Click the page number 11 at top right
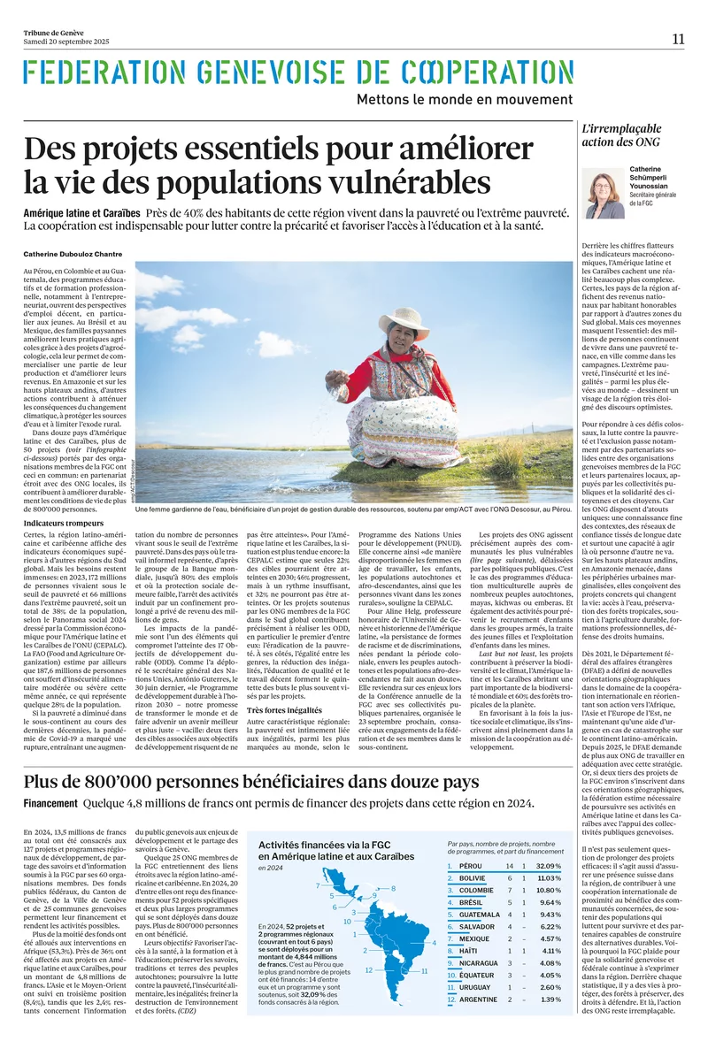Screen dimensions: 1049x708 679,38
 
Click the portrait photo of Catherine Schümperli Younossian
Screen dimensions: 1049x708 604,195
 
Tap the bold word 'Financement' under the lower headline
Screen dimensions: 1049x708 50,803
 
